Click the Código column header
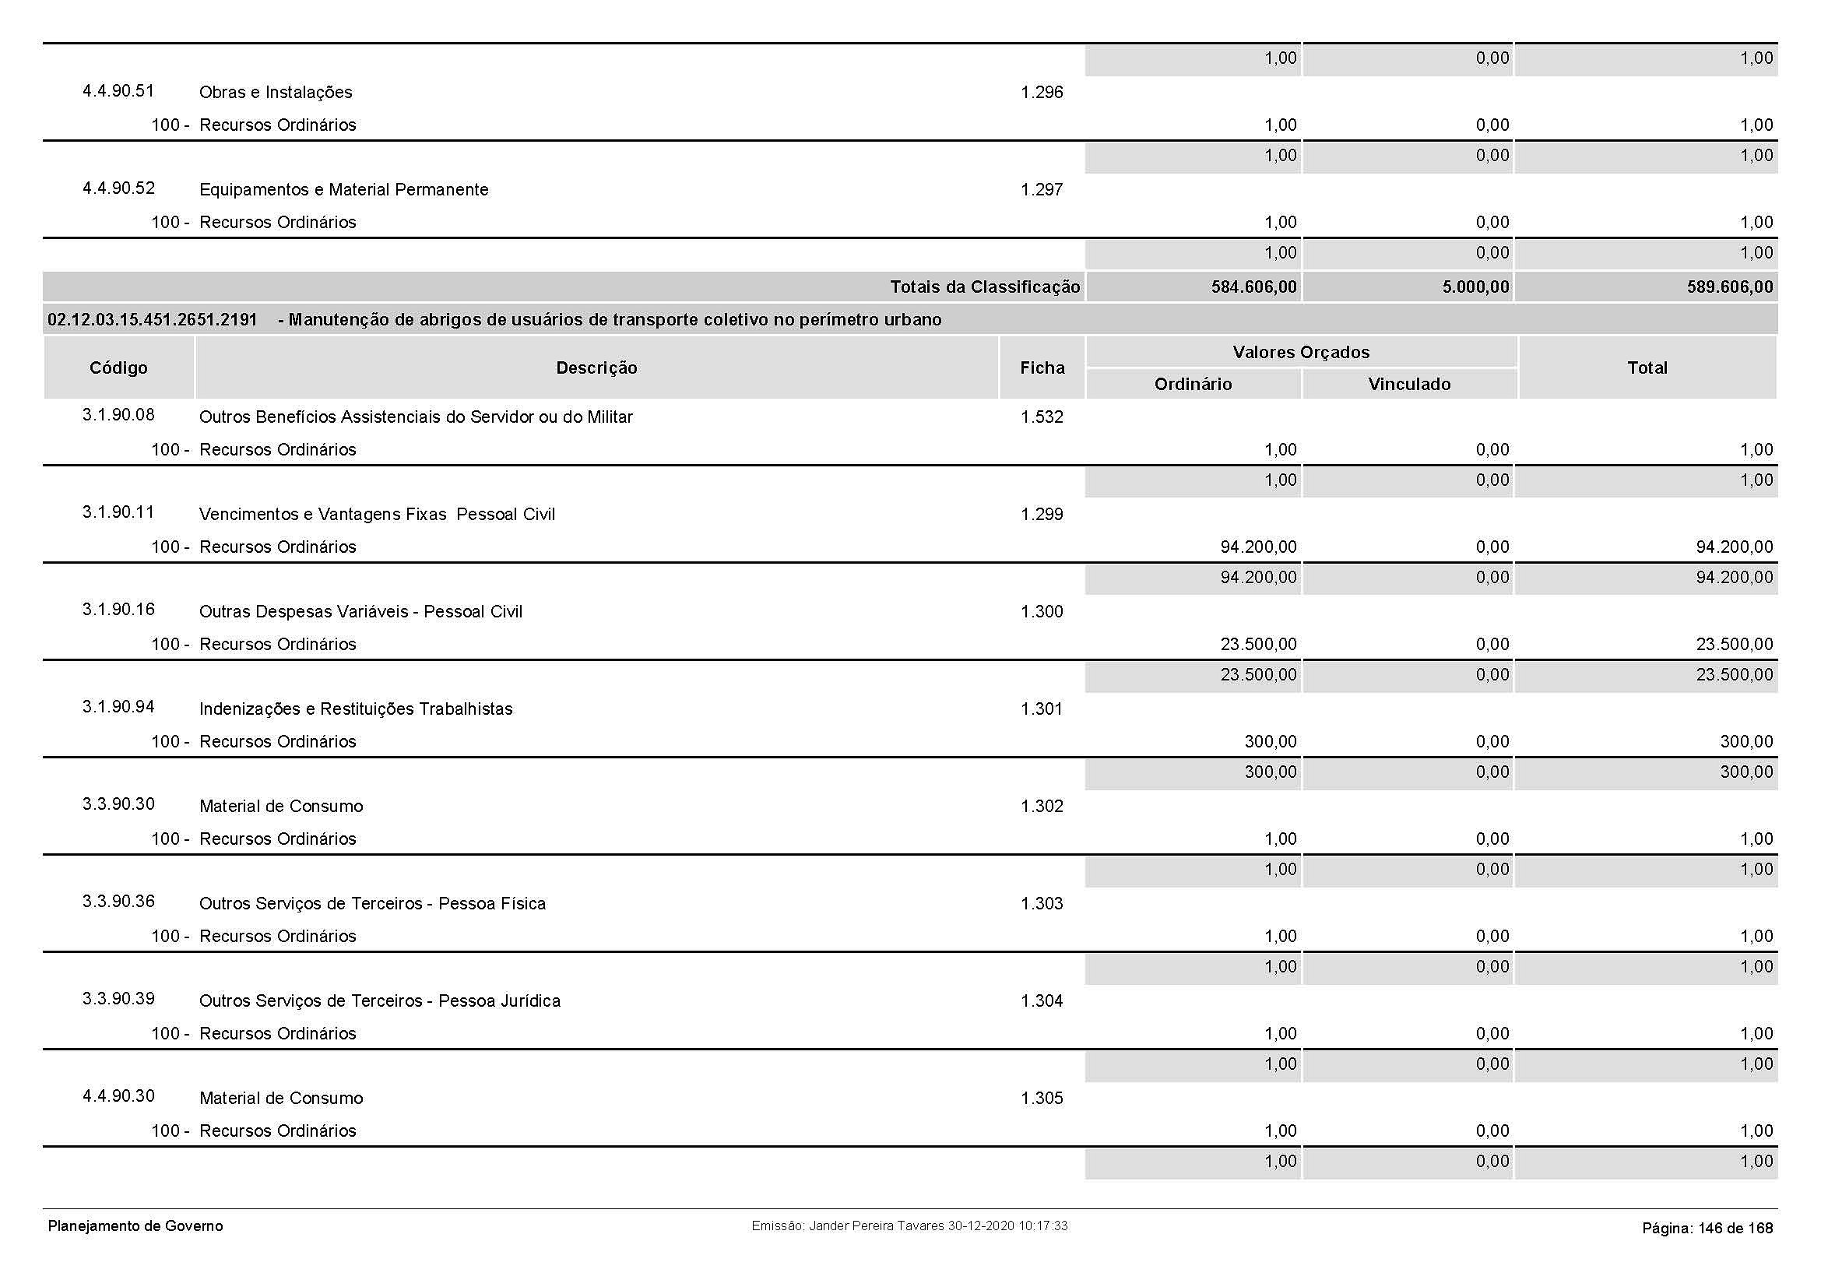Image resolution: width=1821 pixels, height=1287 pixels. coord(118,368)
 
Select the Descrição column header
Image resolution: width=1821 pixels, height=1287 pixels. coord(596,368)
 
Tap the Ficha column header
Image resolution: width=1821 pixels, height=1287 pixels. coord(1042,368)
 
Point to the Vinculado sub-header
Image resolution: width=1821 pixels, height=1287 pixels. coord(1409,385)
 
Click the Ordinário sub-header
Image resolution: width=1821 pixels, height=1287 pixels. coord(1193,385)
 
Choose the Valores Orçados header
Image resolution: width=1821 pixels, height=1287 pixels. coord(1301,352)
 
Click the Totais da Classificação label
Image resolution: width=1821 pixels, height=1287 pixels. coord(984,287)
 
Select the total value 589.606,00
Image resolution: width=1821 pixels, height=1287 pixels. coord(1729,287)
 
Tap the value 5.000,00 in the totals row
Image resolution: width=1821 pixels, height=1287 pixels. coord(1475,287)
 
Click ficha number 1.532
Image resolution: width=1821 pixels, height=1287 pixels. coord(1042,417)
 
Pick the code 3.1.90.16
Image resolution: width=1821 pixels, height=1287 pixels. coord(118,610)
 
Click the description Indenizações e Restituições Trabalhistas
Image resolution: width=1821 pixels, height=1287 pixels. coord(355,709)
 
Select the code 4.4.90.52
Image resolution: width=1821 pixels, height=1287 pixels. coord(118,188)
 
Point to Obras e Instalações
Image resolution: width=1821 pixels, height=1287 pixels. coord(275,93)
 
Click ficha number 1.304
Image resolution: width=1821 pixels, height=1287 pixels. coord(1042,1000)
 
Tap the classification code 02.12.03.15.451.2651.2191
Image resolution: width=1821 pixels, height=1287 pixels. coord(153,320)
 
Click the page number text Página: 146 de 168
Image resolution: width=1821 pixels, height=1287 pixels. coord(1707,1229)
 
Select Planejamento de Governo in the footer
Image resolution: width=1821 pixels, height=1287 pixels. coord(135,1226)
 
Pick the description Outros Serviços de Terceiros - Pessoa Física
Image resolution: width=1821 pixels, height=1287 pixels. coord(372,904)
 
